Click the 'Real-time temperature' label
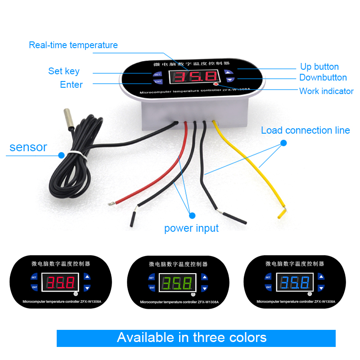pyautogui.click(x=73, y=45)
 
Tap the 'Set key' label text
pyautogui.click(x=64, y=71)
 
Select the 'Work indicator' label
pyautogui.click(x=326, y=91)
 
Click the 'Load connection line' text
pyautogui.click(x=306, y=130)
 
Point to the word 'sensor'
pyautogui.click(x=28, y=147)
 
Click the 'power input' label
pyautogui.click(x=191, y=228)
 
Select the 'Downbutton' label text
pyautogui.click(x=323, y=78)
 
